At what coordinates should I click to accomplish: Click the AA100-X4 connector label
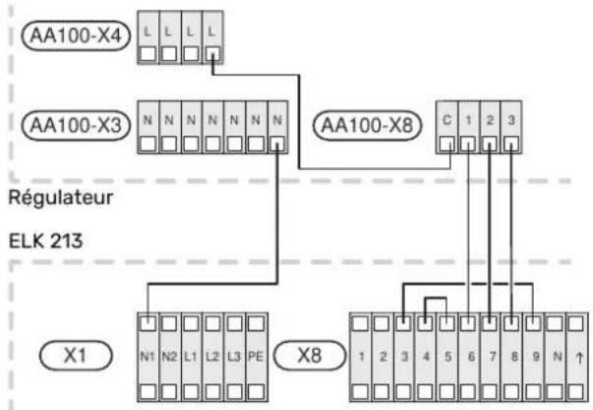click(x=76, y=36)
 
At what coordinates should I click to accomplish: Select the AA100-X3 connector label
click(x=76, y=125)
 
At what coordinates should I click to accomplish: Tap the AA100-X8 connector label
click(x=367, y=125)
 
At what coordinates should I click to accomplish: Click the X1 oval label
click(x=76, y=356)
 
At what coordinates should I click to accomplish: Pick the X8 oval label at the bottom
click(x=310, y=356)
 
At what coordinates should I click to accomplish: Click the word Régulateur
click(x=61, y=198)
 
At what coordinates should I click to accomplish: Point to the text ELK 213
click(x=45, y=241)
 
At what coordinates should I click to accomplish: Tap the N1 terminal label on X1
click(x=148, y=356)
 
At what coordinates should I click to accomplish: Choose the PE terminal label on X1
click(x=256, y=356)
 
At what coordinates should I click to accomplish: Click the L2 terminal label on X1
click(x=212, y=356)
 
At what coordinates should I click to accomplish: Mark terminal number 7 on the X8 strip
click(x=493, y=357)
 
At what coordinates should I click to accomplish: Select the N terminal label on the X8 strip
click(x=557, y=356)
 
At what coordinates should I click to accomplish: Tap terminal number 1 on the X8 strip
click(x=361, y=357)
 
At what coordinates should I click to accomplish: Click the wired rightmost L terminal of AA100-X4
click(x=212, y=37)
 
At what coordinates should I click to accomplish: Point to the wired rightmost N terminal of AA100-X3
click(x=277, y=128)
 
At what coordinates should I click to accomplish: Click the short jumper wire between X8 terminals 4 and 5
click(x=436, y=299)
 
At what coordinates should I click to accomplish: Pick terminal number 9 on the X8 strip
click(x=536, y=357)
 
